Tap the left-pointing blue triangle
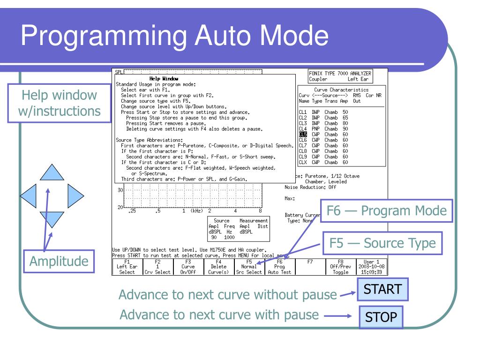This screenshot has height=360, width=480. tap(29, 193)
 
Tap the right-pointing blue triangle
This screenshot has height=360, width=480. tap(75, 193)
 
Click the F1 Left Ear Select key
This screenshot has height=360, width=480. tap(127, 266)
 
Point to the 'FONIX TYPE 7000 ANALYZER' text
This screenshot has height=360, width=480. tap(340, 73)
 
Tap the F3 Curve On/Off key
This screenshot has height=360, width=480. tap(188, 266)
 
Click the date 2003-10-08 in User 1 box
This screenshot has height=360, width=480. tap(371, 266)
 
